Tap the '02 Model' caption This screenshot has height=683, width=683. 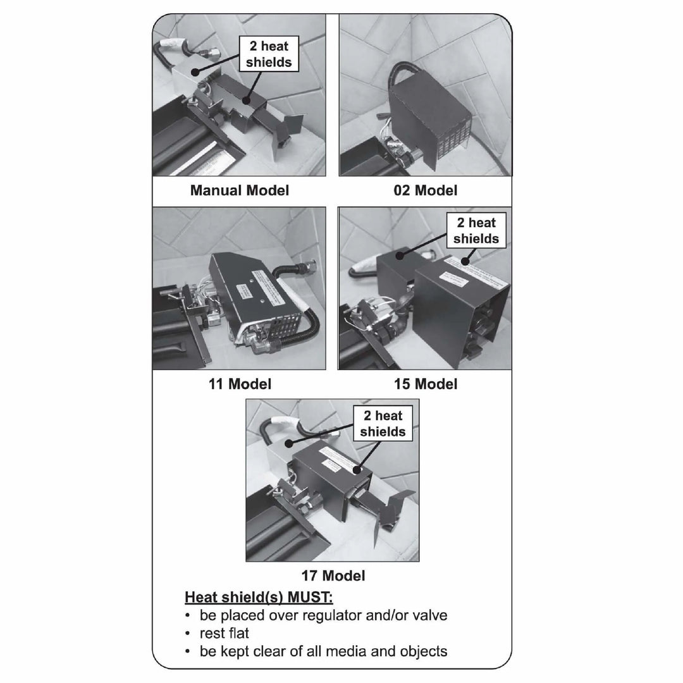click(x=425, y=190)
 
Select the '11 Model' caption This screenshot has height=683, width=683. click(x=240, y=383)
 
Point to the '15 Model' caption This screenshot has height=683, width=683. click(x=425, y=383)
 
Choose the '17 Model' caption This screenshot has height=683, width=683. click(x=333, y=575)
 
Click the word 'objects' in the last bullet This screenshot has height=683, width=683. click(x=422, y=651)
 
